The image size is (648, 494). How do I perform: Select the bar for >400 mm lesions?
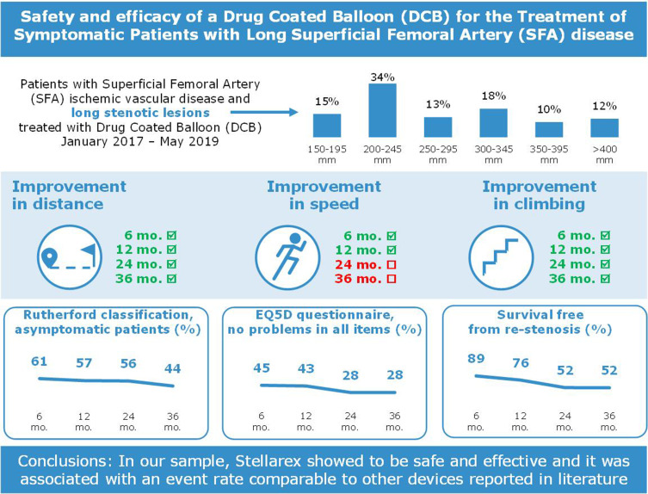604,127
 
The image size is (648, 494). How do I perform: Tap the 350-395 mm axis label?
549,151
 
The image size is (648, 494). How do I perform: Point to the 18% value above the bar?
493,98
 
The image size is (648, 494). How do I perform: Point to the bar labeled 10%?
549,128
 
